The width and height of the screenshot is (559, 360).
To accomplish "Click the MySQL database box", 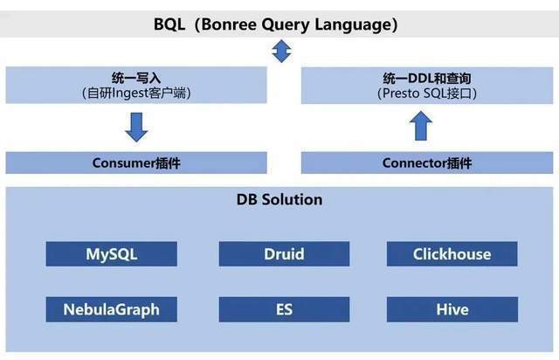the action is [111, 253].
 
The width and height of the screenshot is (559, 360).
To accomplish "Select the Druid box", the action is [284, 253].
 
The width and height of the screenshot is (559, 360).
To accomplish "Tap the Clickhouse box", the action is [452, 253].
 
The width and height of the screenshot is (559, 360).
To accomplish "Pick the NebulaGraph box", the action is [111, 309].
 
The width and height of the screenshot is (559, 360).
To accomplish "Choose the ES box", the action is [284, 309].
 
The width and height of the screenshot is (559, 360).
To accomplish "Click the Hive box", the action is [452, 309].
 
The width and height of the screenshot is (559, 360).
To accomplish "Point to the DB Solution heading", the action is [279, 199].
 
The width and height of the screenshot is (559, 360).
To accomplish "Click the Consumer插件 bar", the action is [136, 163].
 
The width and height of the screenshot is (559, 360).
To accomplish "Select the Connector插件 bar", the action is [427, 163].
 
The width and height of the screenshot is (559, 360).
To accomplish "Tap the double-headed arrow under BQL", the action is [281, 51].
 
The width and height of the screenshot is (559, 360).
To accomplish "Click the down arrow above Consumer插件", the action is [136, 128].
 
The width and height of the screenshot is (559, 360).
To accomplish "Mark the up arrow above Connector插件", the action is [421, 126].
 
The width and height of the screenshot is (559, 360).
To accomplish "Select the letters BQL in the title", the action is [169, 25].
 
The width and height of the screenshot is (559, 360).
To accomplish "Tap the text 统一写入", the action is [136, 78].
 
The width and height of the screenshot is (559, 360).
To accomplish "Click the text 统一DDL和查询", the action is [427, 78].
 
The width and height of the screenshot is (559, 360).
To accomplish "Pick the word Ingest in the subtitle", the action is [130, 93].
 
